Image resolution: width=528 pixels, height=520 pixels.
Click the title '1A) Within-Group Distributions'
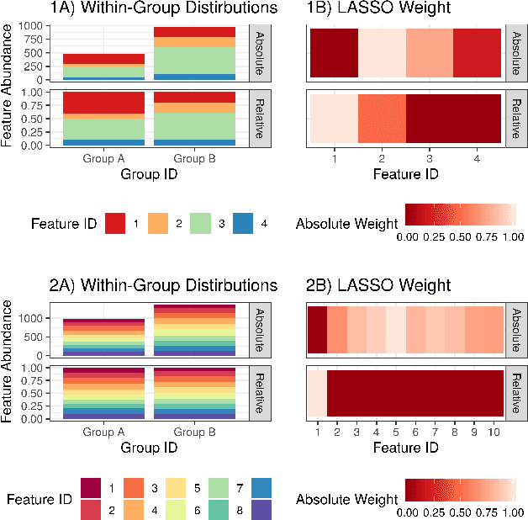159,9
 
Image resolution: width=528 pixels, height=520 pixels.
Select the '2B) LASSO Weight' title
366,284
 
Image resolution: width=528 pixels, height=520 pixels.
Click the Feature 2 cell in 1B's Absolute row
382,53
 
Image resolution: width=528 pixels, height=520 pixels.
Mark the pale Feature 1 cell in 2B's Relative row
317,392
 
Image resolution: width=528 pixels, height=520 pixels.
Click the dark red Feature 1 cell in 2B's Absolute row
317,329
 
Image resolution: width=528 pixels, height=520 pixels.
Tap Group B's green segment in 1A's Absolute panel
193,60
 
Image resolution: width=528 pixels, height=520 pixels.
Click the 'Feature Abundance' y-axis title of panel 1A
8,84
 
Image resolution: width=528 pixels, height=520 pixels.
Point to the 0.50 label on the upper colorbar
460,238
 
